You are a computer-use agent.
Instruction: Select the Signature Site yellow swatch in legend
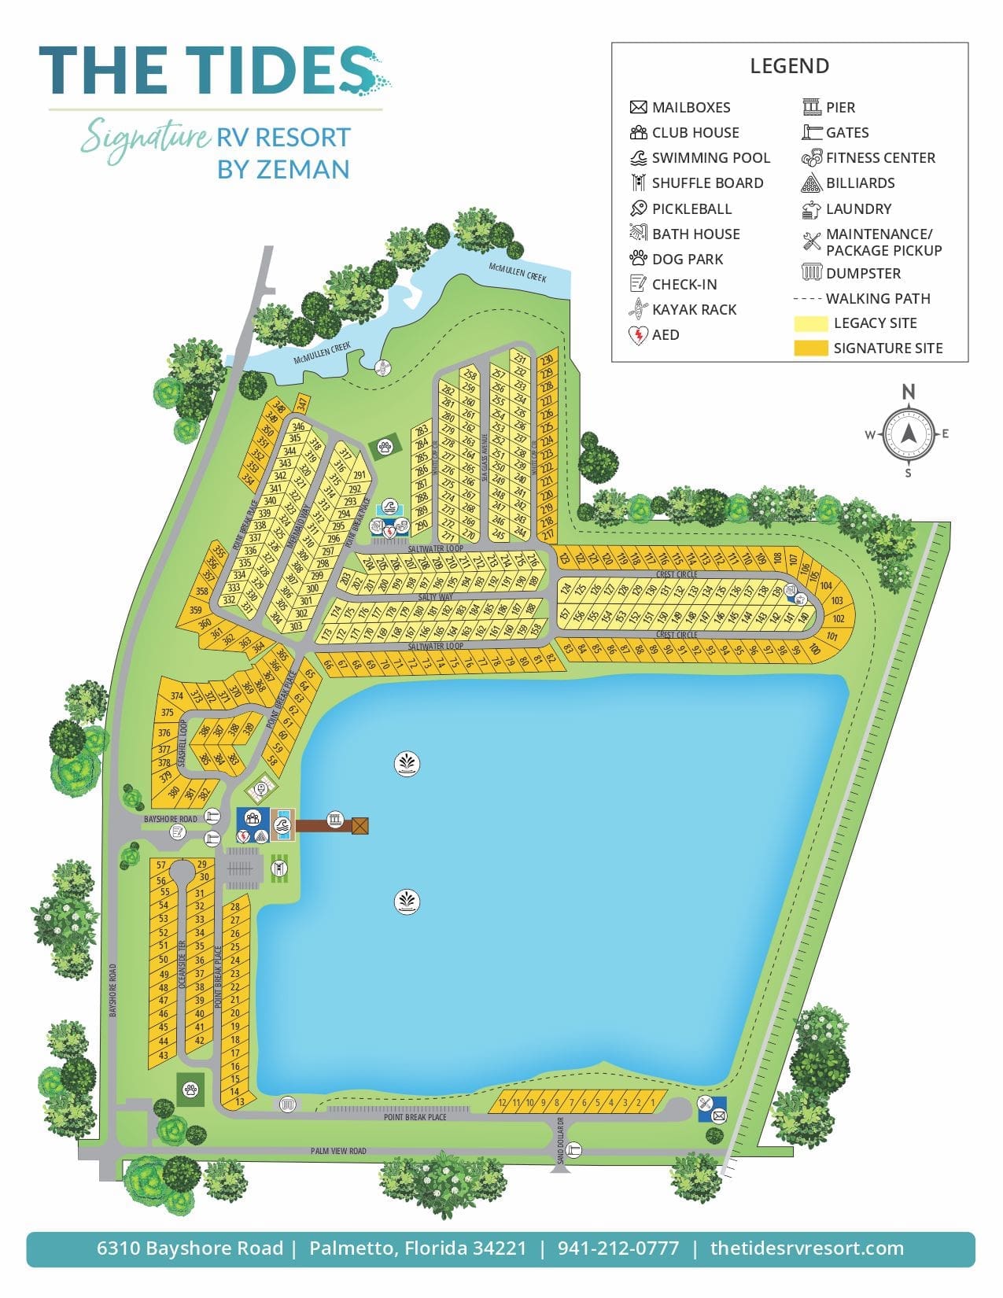(x=810, y=348)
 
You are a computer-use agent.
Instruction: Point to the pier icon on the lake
(x=336, y=820)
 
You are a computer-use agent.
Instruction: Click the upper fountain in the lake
(x=407, y=764)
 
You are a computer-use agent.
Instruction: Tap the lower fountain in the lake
(x=407, y=902)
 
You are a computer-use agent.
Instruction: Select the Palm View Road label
(x=338, y=1151)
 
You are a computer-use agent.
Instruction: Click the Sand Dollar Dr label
(x=561, y=1132)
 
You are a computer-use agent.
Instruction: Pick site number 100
(x=814, y=651)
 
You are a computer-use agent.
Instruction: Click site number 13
(x=240, y=1101)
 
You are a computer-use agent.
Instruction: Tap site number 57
(x=161, y=865)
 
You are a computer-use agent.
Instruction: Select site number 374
(x=177, y=696)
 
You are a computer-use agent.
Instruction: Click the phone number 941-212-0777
(x=618, y=1248)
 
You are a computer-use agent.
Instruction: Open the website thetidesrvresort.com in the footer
(x=806, y=1248)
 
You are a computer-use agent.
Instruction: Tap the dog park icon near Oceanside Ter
(x=190, y=1090)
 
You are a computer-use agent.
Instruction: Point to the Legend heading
(x=789, y=66)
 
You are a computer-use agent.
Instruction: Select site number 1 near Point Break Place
(x=652, y=1103)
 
